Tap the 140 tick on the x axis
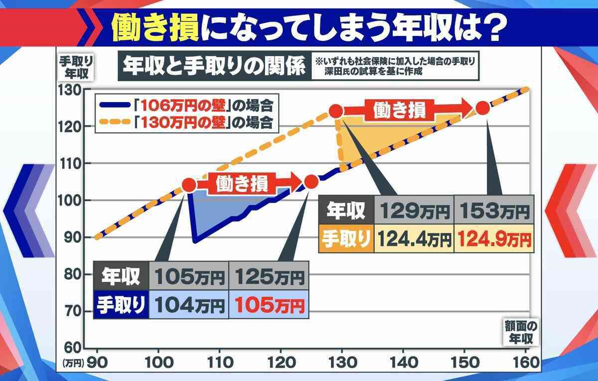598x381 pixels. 402,363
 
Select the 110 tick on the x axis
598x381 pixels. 220,363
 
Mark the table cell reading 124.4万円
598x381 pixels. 415,239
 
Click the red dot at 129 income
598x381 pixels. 336,111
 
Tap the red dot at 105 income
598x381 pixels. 189,185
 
